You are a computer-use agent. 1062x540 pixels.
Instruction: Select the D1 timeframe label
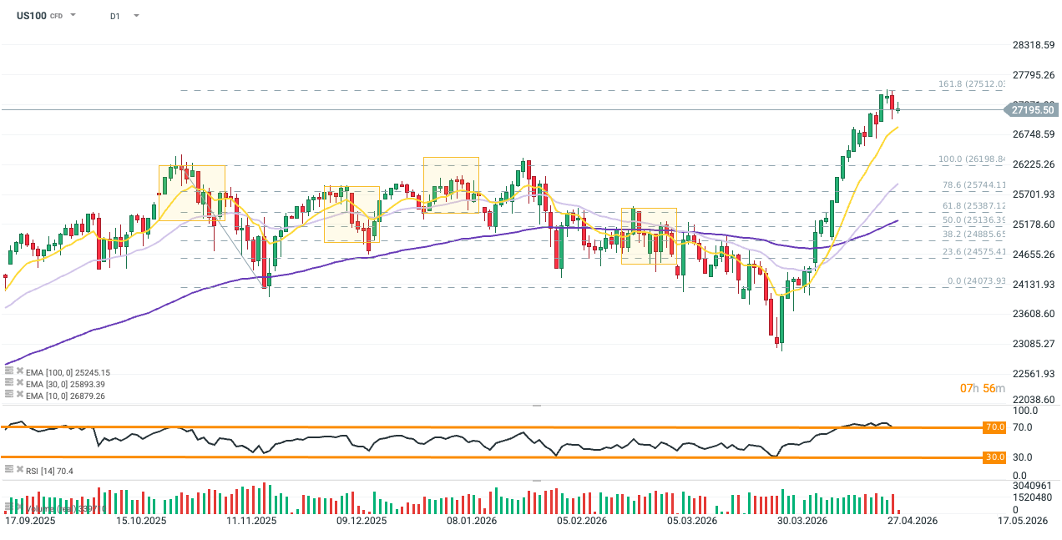[115, 16]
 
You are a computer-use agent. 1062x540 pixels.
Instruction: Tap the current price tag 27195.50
[1033, 109]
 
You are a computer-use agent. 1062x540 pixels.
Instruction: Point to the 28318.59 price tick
[1034, 45]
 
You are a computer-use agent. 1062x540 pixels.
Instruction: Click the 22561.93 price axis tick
[1034, 373]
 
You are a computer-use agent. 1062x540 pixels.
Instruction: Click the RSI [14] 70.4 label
[49, 472]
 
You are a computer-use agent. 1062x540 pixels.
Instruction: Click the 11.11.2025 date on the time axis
[250, 521]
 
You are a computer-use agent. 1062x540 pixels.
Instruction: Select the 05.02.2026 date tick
[580, 521]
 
